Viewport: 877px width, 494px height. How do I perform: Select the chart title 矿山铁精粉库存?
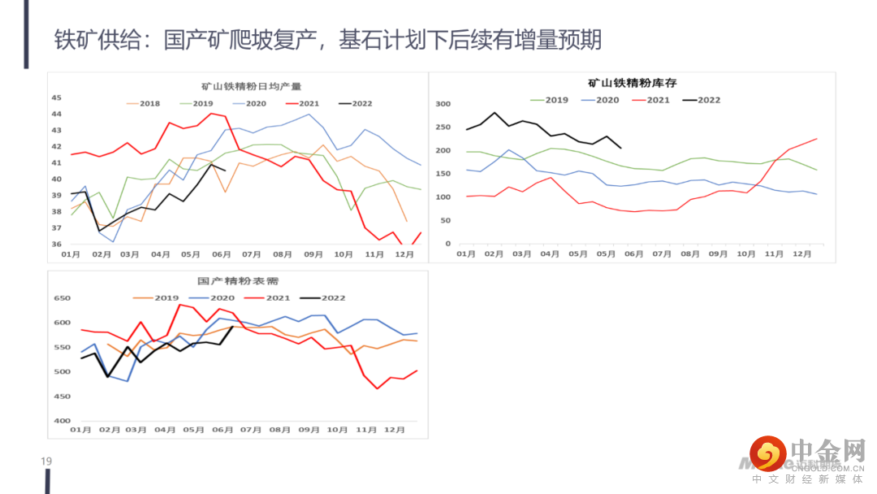632,83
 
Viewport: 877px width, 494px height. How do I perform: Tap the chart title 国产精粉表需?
238,282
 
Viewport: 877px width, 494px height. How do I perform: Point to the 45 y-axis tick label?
57,97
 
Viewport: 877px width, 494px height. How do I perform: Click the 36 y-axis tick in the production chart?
57,244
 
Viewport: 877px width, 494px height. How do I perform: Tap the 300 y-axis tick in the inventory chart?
443,104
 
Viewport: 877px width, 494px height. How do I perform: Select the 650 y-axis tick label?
62,299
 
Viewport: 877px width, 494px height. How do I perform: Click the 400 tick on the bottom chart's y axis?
62,421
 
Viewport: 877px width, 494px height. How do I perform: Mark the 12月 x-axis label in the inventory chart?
801,254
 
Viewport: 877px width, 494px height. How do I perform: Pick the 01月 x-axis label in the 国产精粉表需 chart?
80,430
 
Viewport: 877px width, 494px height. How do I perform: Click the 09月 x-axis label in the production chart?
313,254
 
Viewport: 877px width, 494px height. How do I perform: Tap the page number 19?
46,462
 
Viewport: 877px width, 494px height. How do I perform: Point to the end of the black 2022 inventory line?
621,148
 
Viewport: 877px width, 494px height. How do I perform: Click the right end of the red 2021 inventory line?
816,139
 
